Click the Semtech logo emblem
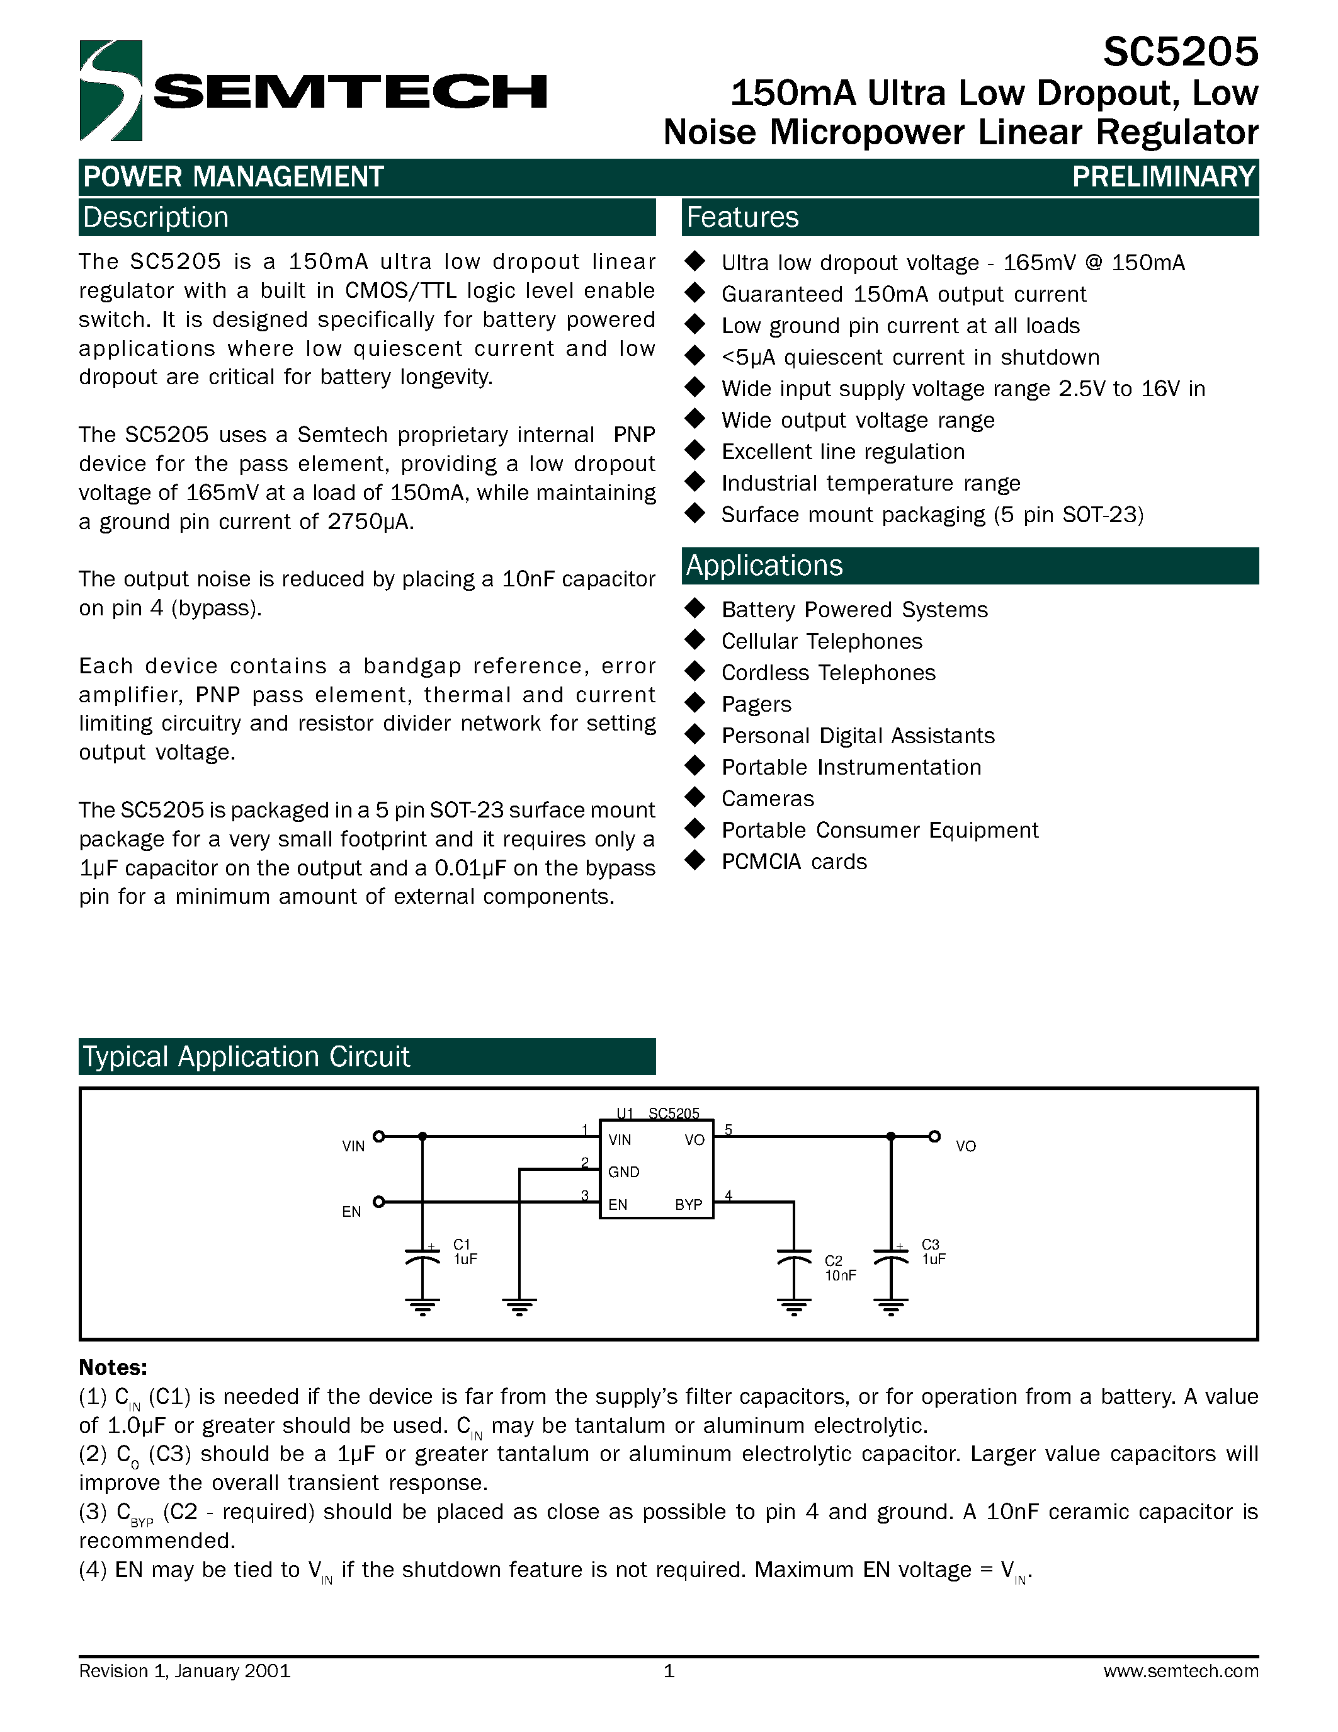point(111,91)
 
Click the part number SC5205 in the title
point(1179,52)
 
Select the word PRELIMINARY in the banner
point(1164,176)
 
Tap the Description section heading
point(156,217)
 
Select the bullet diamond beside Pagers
point(695,703)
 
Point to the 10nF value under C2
point(840,1275)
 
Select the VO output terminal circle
point(934,1136)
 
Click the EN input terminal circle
point(379,1202)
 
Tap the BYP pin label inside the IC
point(688,1205)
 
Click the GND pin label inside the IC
point(624,1171)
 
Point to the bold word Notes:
point(113,1367)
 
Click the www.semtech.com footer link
point(1180,1671)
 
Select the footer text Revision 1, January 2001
point(184,1671)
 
